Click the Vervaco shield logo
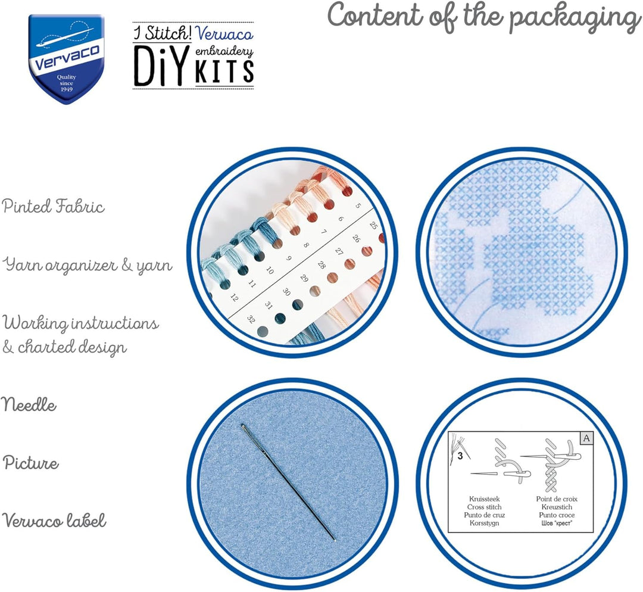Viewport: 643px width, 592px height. [x=67, y=59]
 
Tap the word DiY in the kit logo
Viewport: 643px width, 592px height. [x=162, y=66]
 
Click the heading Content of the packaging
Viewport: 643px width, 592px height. [x=484, y=17]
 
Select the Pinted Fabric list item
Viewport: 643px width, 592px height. [x=53, y=206]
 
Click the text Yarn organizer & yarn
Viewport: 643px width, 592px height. [x=88, y=265]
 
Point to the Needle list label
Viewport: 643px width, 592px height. [x=29, y=405]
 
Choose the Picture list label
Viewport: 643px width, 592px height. [x=31, y=463]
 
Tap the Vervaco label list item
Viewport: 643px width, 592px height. [x=54, y=521]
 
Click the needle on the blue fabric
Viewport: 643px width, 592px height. [x=288, y=482]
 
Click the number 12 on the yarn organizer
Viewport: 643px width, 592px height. [x=234, y=297]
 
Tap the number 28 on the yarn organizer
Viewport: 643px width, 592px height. [x=321, y=265]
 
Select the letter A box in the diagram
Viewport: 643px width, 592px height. [x=586, y=438]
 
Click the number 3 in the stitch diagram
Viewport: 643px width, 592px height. [x=460, y=456]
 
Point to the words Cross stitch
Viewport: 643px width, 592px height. [x=484, y=507]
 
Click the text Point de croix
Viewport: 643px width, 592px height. [x=557, y=499]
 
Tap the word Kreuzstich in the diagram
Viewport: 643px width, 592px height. [x=557, y=507]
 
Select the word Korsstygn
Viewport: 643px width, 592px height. [x=484, y=523]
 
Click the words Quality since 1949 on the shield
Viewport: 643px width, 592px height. [x=67, y=83]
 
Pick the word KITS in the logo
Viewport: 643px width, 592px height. [x=224, y=70]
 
